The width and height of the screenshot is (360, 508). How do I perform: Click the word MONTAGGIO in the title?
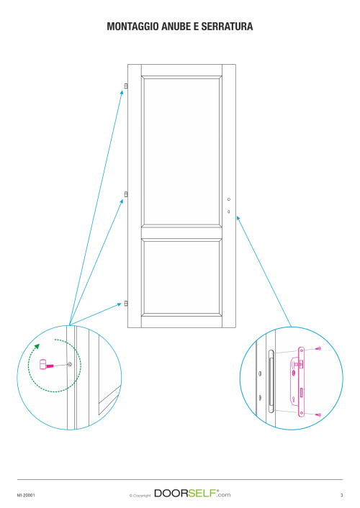132,27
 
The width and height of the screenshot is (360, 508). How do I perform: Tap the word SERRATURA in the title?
227,27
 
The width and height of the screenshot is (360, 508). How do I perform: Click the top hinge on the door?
126,86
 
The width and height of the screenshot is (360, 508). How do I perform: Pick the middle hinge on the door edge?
126,194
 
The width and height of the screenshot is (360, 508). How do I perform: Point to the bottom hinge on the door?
126,304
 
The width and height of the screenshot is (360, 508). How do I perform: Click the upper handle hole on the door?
229,199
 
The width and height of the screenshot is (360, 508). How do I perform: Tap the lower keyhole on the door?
229,212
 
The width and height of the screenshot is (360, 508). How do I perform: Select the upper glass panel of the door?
181,151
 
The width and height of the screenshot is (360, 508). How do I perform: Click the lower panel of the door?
181,278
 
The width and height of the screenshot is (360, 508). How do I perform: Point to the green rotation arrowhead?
37,346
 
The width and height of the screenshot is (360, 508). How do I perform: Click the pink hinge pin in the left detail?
46,365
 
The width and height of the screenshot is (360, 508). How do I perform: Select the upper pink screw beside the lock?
318,348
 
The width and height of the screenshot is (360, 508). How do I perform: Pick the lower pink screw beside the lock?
318,414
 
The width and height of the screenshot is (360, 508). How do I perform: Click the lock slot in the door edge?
271,381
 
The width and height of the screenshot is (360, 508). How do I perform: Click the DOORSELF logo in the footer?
192,494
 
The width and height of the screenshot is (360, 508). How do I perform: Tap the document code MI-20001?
26,495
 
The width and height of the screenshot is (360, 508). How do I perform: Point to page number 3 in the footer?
341,495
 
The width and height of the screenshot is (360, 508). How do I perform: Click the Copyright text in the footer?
140,495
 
